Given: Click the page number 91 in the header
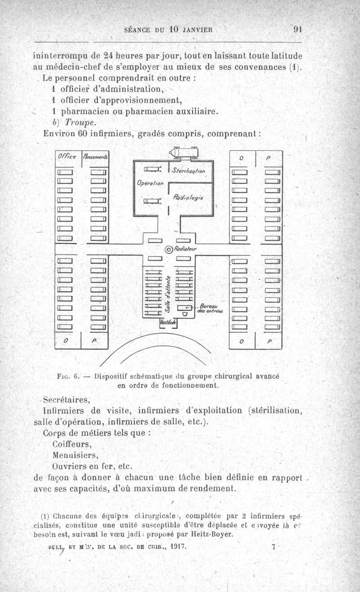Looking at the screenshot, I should tap(297, 30).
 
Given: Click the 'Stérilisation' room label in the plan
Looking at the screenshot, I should tap(189, 171).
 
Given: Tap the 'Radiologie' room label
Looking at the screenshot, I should tap(188, 197).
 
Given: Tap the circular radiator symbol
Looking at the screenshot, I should tap(169, 249).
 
